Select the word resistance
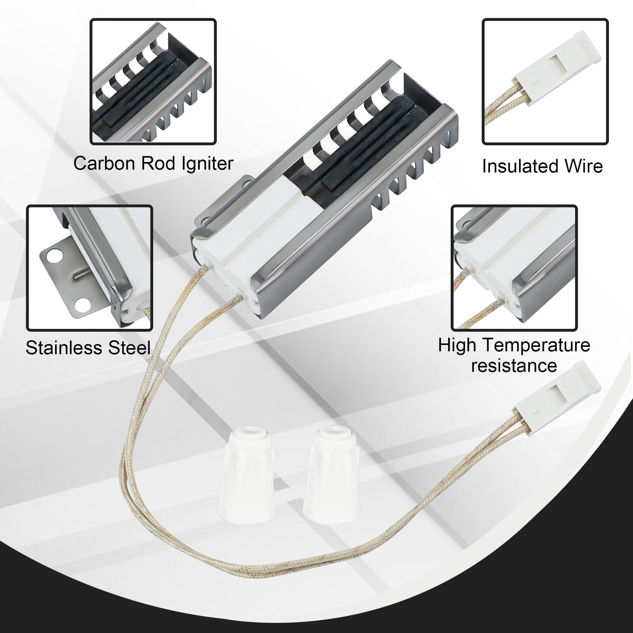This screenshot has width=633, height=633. tap(514, 365)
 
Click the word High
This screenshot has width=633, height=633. tap(457, 346)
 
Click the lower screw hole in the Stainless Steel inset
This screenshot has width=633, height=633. tap(81, 305)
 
